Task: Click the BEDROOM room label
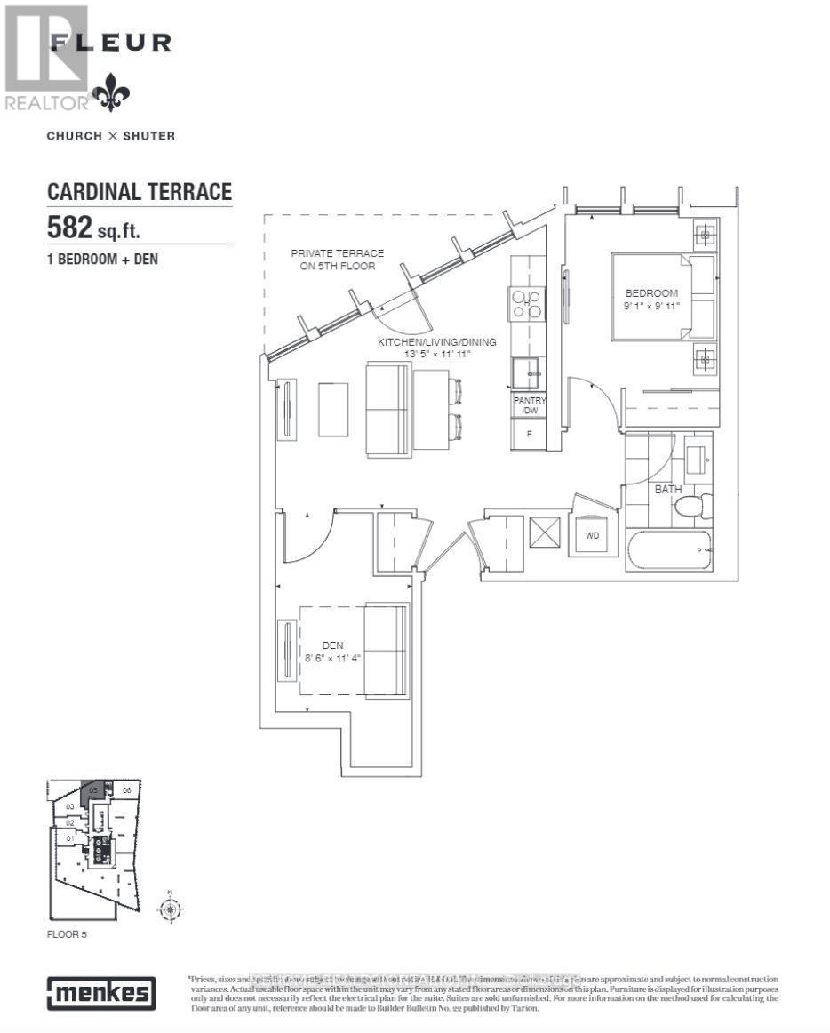tap(651, 293)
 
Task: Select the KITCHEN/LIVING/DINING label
tap(436, 342)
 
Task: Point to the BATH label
tap(667, 490)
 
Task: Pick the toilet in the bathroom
tap(691, 507)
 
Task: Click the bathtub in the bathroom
tap(668, 550)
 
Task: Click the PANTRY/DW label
tap(530, 405)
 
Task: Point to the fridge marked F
tap(530, 434)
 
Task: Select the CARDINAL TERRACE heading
tap(139, 191)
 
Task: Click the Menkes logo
tap(101, 993)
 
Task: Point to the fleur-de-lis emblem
tap(111, 92)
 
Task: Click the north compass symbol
tap(168, 907)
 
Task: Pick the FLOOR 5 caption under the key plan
tap(68, 934)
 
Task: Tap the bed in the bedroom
tap(662, 296)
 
